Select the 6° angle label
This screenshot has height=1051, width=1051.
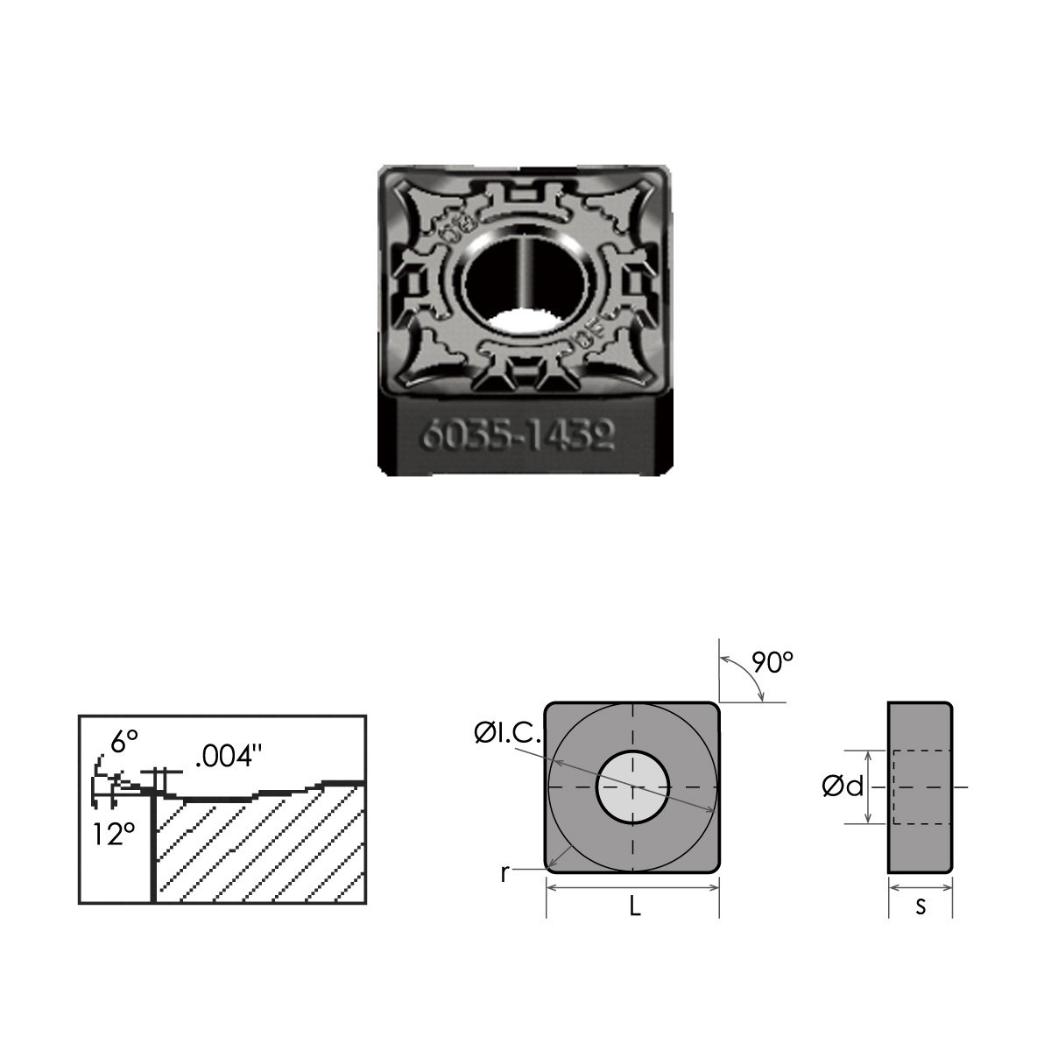124,742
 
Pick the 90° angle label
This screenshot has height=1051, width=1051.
771,663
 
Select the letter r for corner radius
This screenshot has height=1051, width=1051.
504,873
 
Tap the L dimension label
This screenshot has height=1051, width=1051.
635,908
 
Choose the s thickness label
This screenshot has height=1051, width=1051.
920,907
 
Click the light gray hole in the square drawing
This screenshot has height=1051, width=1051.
632,787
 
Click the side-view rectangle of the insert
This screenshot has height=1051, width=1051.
920,786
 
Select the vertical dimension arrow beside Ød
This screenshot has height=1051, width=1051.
868,786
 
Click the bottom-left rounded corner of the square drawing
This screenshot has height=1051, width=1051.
553,866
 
